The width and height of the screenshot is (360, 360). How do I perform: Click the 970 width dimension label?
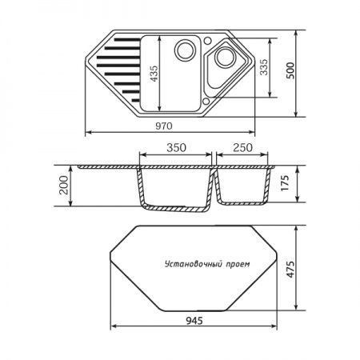168,125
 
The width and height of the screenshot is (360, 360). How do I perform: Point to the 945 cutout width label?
191,321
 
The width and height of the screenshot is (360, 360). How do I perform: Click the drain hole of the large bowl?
186,50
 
